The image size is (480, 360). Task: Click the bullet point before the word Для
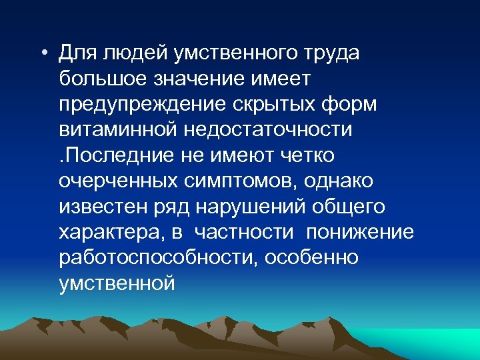[43, 53]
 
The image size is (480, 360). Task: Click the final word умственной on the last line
[117, 283]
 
